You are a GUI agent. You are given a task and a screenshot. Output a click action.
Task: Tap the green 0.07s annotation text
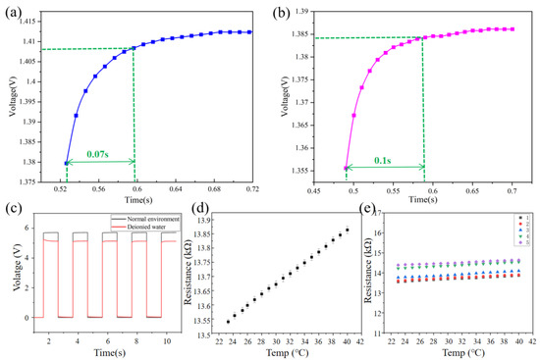click(x=98, y=153)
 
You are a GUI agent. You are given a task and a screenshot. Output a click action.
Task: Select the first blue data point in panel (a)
click(x=67, y=163)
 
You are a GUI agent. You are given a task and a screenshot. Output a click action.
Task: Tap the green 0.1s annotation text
click(x=385, y=153)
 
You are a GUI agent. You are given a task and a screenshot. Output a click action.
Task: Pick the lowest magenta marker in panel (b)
click(x=346, y=168)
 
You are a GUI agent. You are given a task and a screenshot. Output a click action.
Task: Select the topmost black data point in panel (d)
click(x=347, y=230)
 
